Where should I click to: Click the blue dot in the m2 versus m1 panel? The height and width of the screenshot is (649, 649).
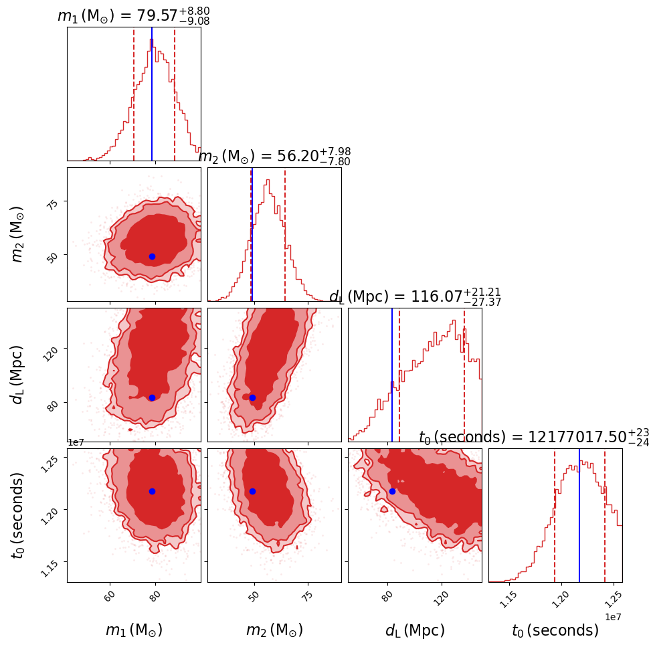coord(152,256)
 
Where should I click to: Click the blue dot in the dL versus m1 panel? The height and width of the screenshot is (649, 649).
coord(152,397)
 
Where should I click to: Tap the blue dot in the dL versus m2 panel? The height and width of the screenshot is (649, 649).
coord(252,397)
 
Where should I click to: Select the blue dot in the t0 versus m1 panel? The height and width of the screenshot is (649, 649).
coord(152,491)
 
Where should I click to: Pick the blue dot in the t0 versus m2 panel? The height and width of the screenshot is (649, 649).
coord(252,491)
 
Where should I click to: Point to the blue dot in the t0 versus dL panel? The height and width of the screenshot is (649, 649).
coord(392,491)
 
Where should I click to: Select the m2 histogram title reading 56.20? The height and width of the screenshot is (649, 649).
coord(274,157)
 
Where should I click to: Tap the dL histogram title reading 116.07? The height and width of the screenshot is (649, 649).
coord(415,297)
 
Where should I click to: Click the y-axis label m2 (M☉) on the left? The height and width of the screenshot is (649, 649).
coord(18,234)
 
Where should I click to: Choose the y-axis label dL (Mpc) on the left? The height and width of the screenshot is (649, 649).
coord(18,375)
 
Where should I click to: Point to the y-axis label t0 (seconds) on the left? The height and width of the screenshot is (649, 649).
coord(18,515)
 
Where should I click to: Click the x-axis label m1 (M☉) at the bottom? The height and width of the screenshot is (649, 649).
coord(134,630)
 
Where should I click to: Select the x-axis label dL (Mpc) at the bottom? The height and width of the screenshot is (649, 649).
coord(415,630)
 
